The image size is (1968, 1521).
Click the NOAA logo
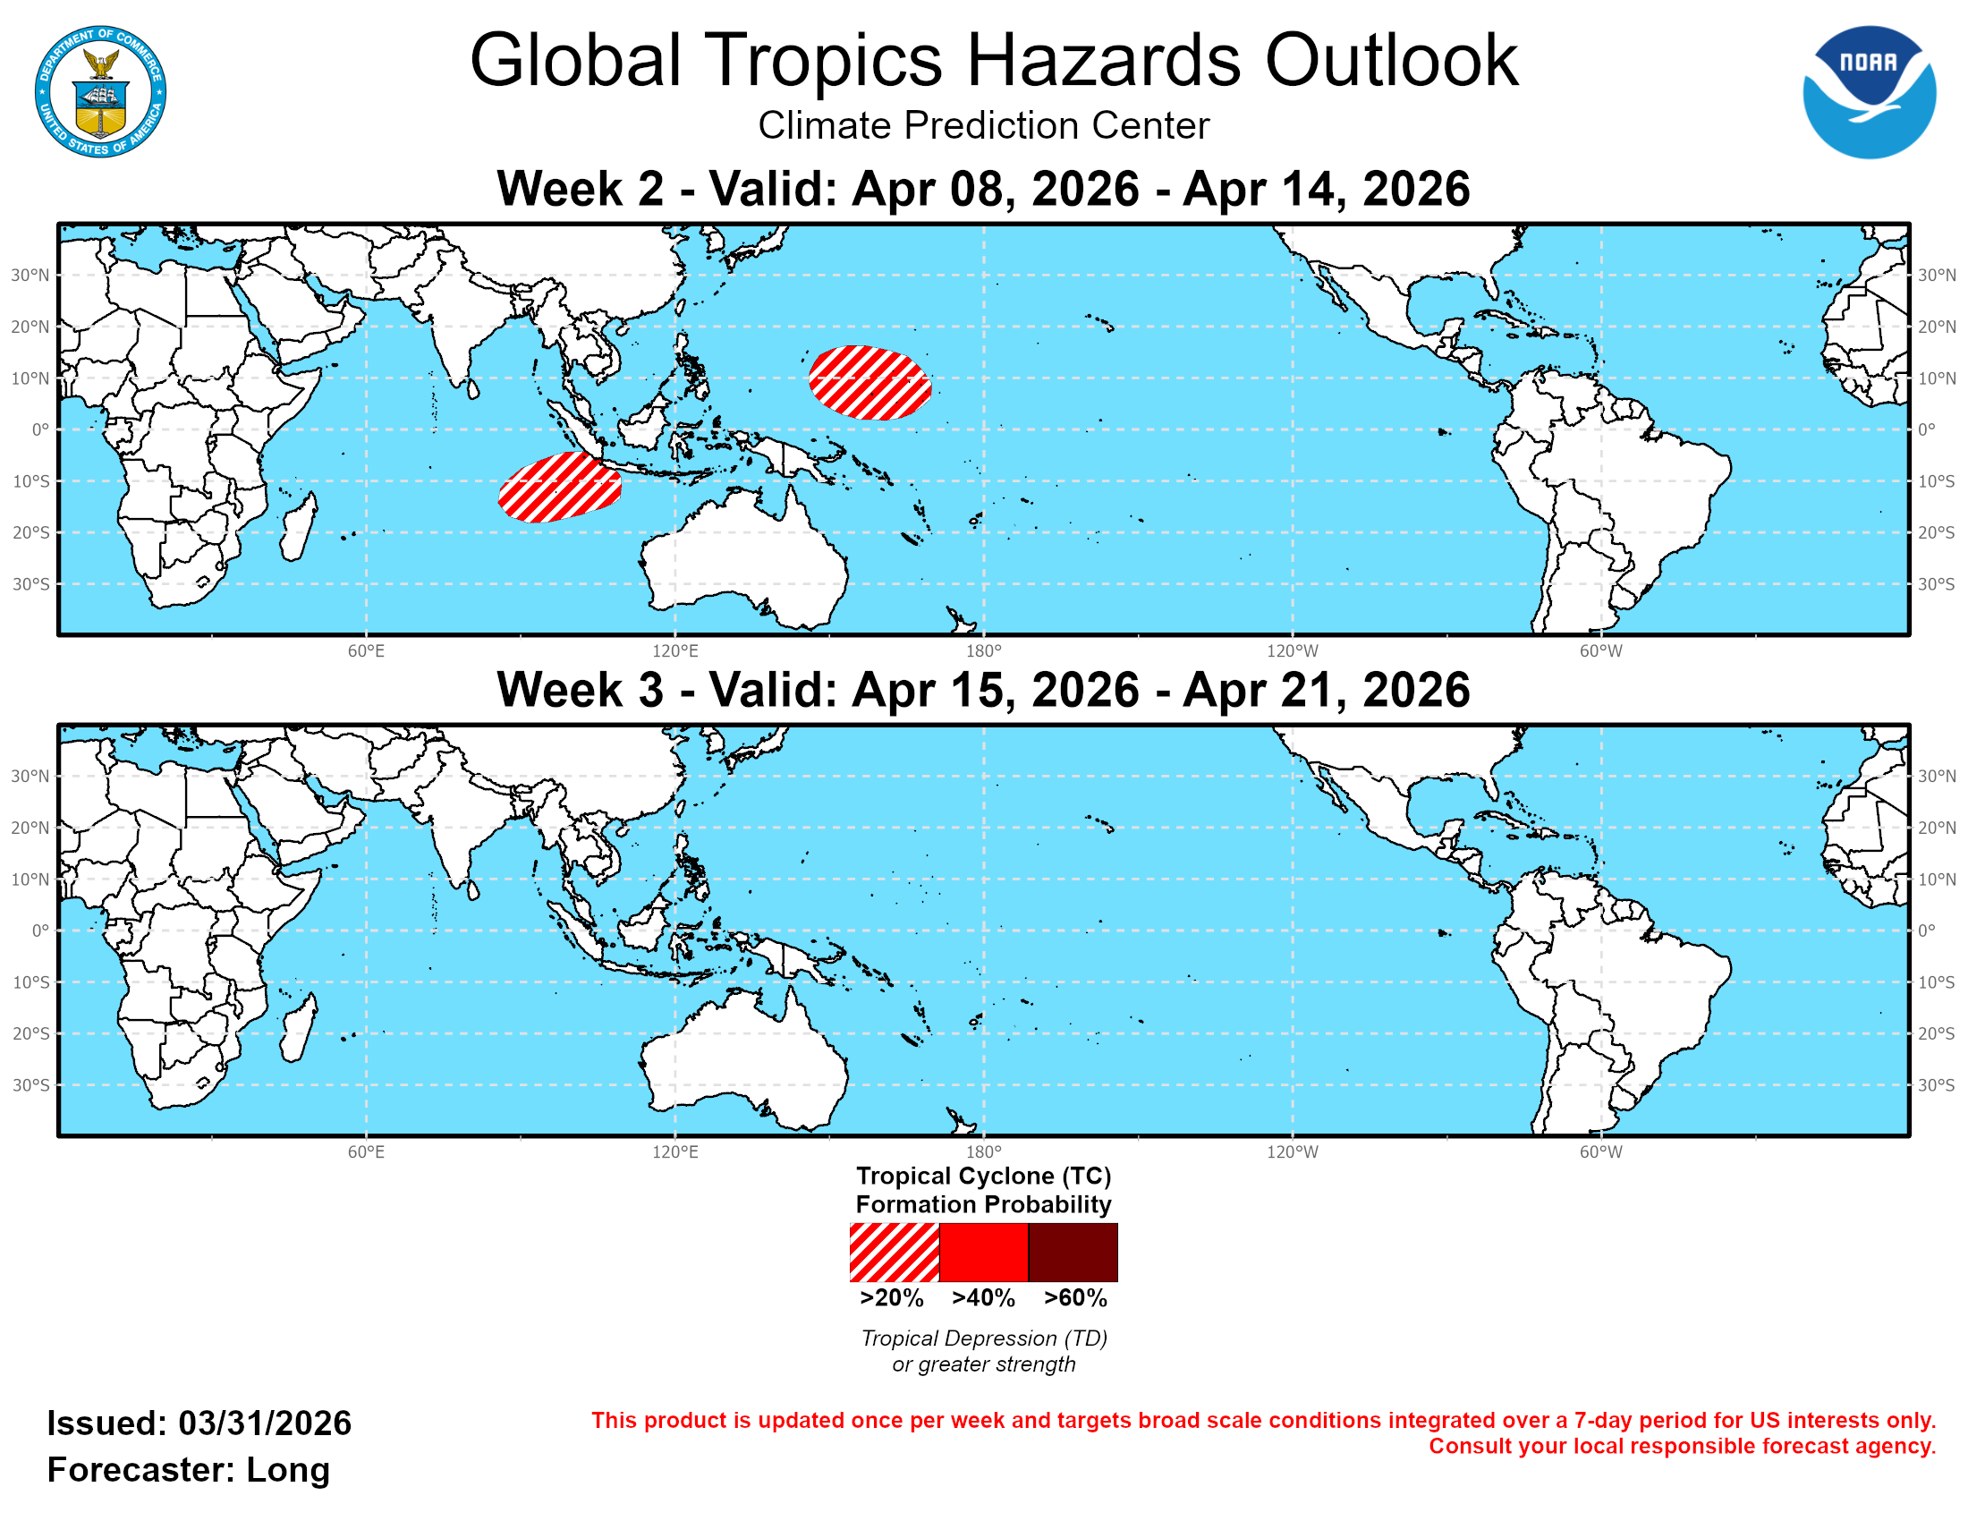coord(1868,92)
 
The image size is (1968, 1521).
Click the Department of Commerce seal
coord(100,92)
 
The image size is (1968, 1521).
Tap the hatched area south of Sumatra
coord(559,488)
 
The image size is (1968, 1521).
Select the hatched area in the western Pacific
coord(869,383)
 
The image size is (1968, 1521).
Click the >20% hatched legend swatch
coord(894,1252)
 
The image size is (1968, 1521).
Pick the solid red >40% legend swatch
coord(983,1252)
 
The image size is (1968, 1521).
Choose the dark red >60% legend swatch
coord(1073,1252)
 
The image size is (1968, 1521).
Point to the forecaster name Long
coord(288,1470)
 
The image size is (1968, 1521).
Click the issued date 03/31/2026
coord(265,1423)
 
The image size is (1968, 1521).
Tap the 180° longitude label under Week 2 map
coord(983,650)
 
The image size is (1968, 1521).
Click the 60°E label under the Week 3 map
coord(366,1151)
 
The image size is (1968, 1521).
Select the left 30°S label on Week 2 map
coord(30,584)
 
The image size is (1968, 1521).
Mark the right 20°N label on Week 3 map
coord(1937,828)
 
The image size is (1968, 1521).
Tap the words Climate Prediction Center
coord(983,125)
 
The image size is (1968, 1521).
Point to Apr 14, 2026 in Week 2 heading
coord(1326,189)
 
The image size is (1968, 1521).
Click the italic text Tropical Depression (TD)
coord(983,1338)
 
